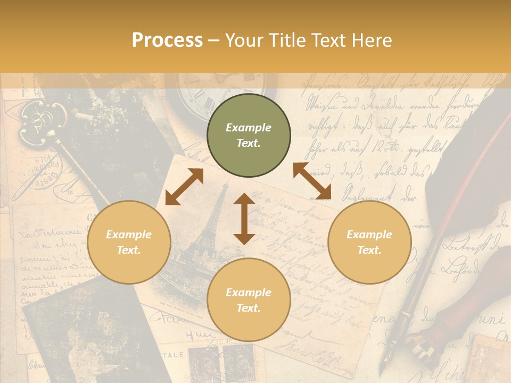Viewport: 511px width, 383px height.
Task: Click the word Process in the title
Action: (x=167, y=40)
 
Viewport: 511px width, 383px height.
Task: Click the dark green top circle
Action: (x=249, y=135)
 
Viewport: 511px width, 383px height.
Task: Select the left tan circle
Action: (x=129, y=242)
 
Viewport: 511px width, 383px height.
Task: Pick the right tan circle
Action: (x=369, y=242)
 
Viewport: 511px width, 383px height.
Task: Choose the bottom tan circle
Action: (x=249, y=300)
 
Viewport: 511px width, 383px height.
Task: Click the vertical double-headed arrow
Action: (x=244, y=219)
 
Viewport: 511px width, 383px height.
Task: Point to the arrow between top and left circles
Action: (x=184, y=187)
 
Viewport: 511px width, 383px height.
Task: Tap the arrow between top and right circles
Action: (x=312, y=181)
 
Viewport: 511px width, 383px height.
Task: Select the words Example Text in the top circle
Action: (x=249, y=135)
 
